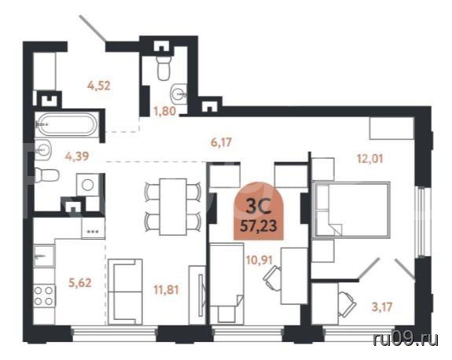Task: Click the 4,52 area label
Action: click(x=99, y=86)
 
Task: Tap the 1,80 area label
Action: click(x=164, y=111)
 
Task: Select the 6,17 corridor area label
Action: click(x=221, y=142)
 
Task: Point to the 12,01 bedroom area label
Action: click(x=370, y=159)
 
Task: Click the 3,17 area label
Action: click(x=382, y=307)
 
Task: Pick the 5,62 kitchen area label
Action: click(x=80, y=283)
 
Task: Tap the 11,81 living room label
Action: click(x=166, y=290)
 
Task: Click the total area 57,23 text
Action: click(x=259, y=226)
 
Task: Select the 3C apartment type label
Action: click(x=259, y=207)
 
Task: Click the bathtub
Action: click(x=67, y=124)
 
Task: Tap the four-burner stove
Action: click(x=44, y=296)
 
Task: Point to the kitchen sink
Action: click(x=44, y=256)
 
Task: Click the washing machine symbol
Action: click(x=87, y=185)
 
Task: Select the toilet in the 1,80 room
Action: click(x=164, y=68)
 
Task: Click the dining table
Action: click(x=173, y=207)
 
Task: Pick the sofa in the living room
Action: click(x=125, y=292)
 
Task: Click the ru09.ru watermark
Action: click(x=406, y=340)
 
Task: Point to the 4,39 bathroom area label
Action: click(x=77, y=156)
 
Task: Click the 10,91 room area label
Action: click(x=259, y=260)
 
